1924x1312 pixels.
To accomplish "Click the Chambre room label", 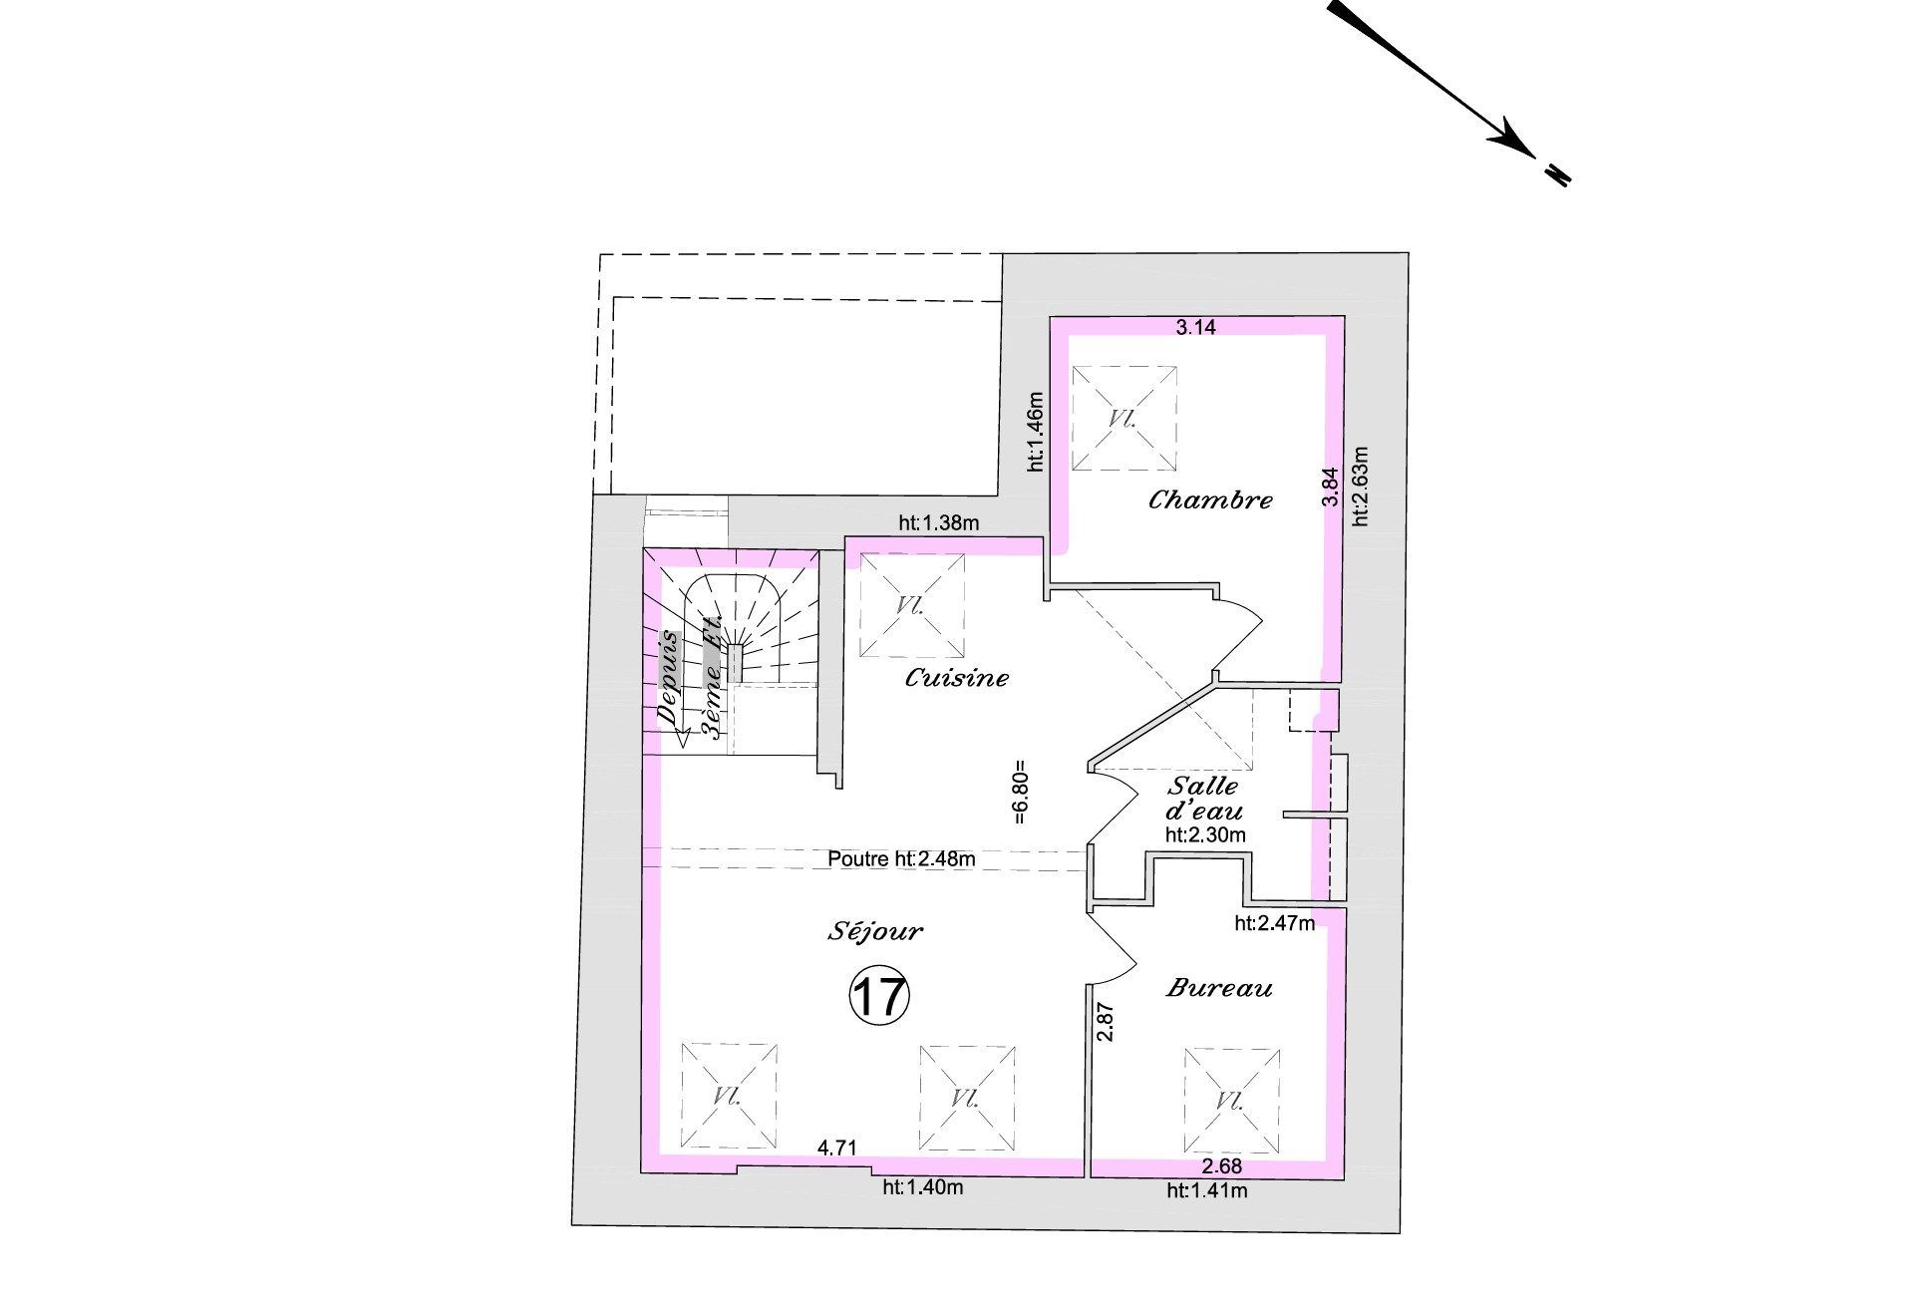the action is (x=1210, y=499).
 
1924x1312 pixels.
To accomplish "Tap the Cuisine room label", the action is (x=956, y=678).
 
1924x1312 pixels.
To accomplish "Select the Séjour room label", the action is (x=875, y=932).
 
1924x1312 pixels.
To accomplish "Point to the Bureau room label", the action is (x=1219, y=988).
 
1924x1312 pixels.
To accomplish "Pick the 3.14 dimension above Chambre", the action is (x=1196, y=327).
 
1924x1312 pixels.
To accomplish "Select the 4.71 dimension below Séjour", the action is (x=837, y=1148).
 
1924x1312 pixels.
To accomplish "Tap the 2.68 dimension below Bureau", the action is (x=1221, y=1166).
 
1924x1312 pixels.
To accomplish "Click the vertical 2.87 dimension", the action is (x=1105, y=1023).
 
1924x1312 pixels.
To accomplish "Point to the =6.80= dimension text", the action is (x=1019, y=794).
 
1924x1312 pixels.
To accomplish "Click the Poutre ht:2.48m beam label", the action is (x=901, y=858).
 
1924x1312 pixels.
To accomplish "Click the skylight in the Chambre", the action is (x=1123, y=419).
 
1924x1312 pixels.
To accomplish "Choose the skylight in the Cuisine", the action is (x=911, y=606).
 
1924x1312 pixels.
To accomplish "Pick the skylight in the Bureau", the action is (x=1231, y=1100).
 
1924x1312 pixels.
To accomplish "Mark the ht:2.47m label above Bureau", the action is (x=1274, y=923).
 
